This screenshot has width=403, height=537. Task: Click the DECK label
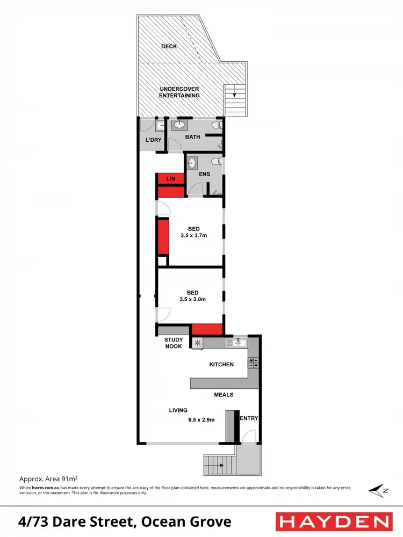point(169,47)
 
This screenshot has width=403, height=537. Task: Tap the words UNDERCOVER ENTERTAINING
point(179,92)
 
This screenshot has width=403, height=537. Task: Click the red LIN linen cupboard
point(170,178)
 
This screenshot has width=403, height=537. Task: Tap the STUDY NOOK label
point(173,343)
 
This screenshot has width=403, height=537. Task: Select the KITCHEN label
point(221,365)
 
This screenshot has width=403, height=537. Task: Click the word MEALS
point(224,395)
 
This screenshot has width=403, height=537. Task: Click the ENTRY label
point(249,418)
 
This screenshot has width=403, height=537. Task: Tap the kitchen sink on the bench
point(236,343)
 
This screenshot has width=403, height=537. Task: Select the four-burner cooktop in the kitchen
point(253,362)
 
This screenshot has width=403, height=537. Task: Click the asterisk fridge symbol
point(197,343)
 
